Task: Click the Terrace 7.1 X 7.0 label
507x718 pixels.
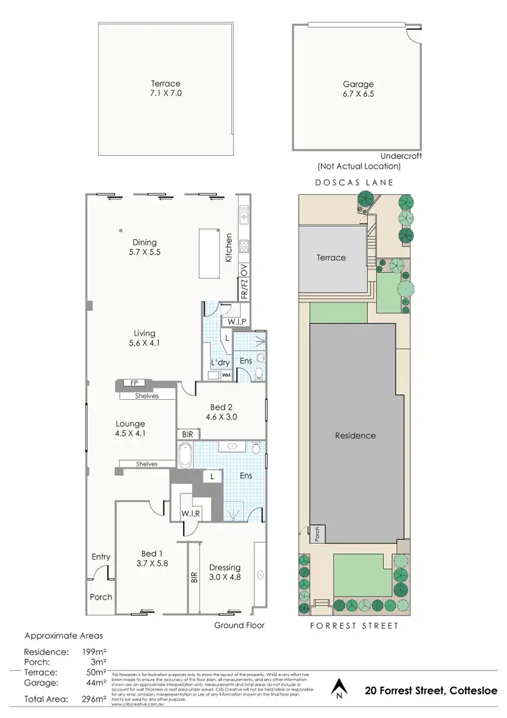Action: pyautogui.click(x=166, y=89)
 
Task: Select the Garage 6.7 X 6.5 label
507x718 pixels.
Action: pyautogui.click(x=358, y=89)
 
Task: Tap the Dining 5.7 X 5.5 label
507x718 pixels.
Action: pyautogui.click(x=145, y=247)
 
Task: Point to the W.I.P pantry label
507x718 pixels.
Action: pyautogui.click(x=236, y=321)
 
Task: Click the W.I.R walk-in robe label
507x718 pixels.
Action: pyautogui.click(x=189, y=513)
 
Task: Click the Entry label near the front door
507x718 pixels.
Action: pyautogui.click(x=101, y=557)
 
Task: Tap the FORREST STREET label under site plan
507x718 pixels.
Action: pyautogui.click(x=354, y=626)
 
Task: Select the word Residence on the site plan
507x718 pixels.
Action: pyautogui.click(x=355, y=435)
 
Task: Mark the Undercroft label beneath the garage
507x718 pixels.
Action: pyautogui.click(x=401, y=156)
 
